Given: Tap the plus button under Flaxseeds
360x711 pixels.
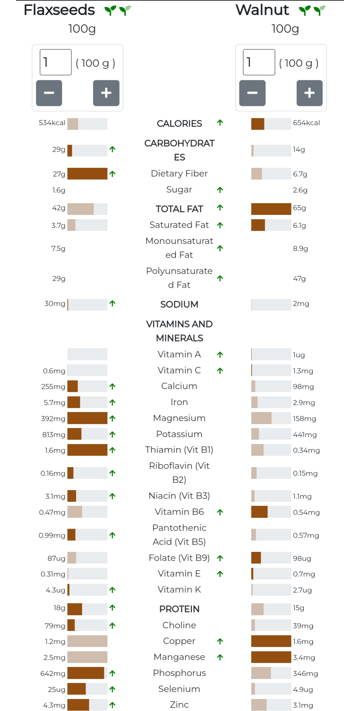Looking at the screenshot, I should (x=106, y=93).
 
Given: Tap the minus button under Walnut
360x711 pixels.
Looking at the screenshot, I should (x=252, y=93).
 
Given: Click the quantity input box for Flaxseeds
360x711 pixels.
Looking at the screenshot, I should (x=56, y=62).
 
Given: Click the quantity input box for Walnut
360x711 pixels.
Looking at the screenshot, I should (x=259, y=62).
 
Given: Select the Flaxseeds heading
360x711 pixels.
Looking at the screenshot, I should (x=59, y=10).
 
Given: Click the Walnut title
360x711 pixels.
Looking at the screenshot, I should (x=262, y=10).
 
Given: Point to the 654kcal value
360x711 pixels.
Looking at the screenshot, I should (x=306, y=123).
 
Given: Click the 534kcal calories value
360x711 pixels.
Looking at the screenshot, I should (x=52, y=123).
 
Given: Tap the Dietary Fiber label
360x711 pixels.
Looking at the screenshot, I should (x=179, y=174).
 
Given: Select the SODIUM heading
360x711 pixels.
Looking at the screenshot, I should (x=179, y=304).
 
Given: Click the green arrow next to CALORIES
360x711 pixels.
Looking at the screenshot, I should (x=220, y=123).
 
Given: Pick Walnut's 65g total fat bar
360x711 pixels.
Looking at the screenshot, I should (x=271, y=209).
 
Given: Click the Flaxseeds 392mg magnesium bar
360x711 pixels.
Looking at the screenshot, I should (x=87, y=418).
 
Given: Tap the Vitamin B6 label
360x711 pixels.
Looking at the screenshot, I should (x=179, y=512).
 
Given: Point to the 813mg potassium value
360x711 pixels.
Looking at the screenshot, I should (x=54, y=434).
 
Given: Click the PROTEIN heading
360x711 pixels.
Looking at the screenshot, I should (x=179, y=609).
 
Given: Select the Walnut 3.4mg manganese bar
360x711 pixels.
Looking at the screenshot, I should (x=271, y=657).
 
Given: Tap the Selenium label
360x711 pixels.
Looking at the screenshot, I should (x=179, y=689).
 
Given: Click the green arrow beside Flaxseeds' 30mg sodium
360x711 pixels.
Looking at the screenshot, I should (x=112, y=304).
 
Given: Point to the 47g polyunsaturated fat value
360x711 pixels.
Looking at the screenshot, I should (x=299, y=278).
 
